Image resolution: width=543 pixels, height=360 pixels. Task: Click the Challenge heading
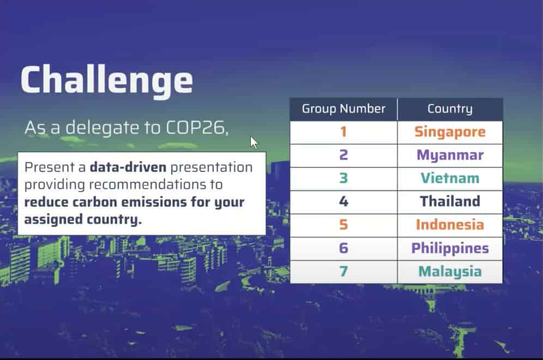pos(107,80)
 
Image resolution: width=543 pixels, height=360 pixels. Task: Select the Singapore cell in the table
pos(450,132)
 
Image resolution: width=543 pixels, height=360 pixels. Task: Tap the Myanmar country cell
pos(450,155)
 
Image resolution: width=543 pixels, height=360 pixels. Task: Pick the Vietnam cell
pos(450,178)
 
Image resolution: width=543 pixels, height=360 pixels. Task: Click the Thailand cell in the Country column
pos(450,201)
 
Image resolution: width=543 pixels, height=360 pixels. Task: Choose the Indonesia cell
pos(450,225)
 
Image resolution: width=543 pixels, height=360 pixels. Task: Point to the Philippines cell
pos(450,248)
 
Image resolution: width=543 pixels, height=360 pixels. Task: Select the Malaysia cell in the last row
pos(450,272)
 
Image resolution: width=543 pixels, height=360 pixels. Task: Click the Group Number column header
pos(343,109)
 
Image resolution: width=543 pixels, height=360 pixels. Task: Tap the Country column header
pos(450,109)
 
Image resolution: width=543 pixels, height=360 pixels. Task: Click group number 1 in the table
pos(343,132)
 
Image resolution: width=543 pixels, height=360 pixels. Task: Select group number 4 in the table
pos(343,201)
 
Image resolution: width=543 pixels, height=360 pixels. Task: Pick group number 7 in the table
pos(343,272)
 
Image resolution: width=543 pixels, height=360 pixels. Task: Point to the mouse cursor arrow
pos(254,142)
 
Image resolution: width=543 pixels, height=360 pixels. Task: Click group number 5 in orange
pos(343,225)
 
